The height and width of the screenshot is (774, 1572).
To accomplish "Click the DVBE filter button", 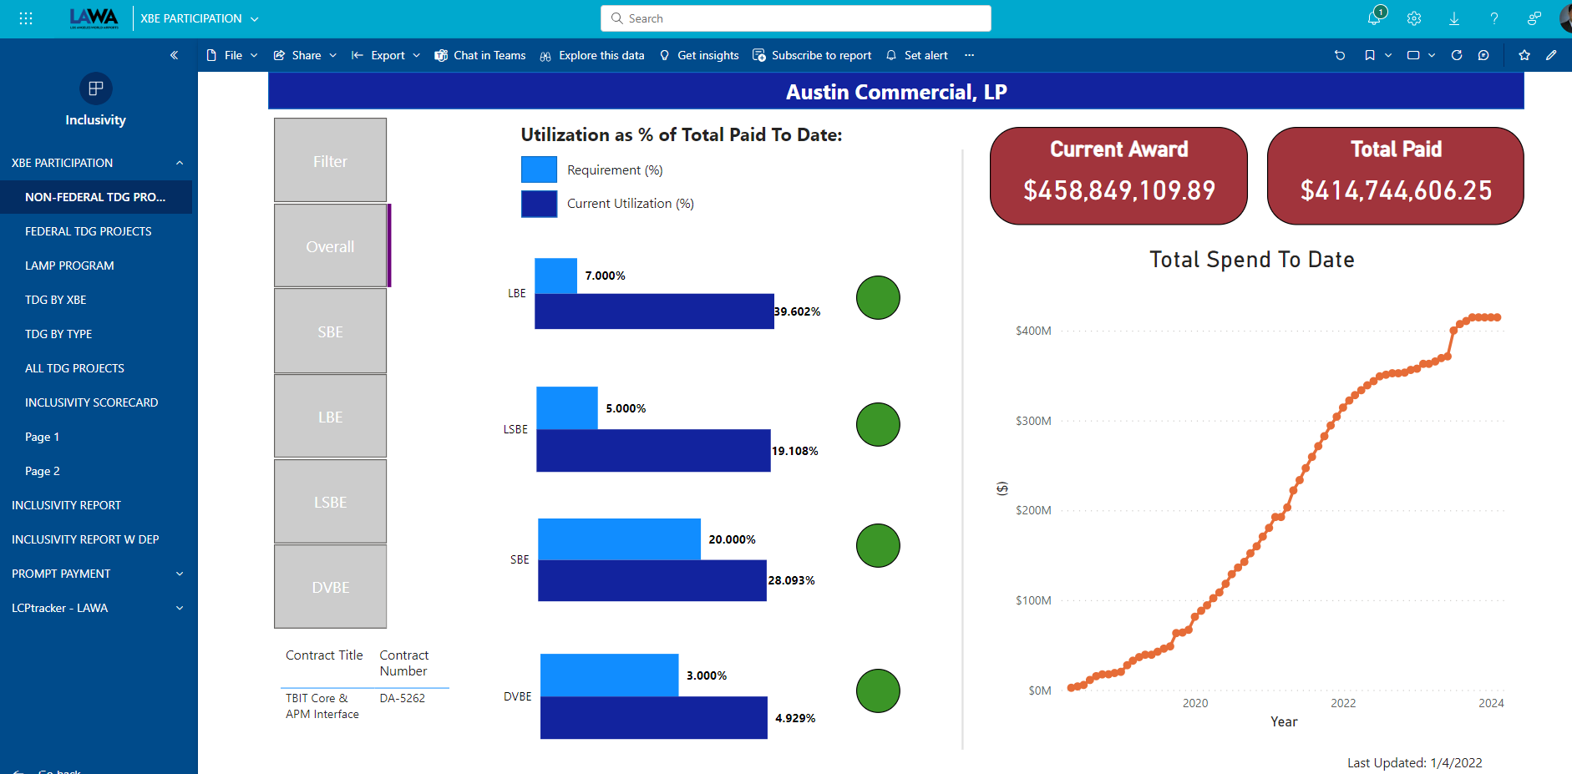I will click(330, 587).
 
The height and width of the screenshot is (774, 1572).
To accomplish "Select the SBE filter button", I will click(330, 331).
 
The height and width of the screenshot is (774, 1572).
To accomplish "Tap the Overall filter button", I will click(330, 246).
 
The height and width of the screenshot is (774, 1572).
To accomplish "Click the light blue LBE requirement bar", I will click(555, 276).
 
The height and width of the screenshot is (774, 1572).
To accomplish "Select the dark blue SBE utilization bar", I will click(652, 581).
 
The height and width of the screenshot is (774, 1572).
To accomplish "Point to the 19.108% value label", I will click(794, 451).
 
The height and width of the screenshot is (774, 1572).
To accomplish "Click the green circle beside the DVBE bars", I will click(878, 691).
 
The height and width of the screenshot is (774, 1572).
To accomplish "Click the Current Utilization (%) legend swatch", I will click(539, 204).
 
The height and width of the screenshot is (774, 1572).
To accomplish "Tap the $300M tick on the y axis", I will click(1033, 421).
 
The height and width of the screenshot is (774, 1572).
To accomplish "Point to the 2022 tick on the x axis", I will click(1343, 703).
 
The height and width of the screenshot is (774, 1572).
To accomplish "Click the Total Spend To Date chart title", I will click(1251, 260).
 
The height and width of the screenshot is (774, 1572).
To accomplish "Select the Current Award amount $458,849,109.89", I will click(1119, 190).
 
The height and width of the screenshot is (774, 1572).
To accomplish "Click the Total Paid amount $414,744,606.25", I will click(1396, 190).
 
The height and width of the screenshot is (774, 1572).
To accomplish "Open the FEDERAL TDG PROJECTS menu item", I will click(89, 231).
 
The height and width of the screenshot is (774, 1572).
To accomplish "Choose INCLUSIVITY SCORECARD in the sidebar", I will click(92, 402).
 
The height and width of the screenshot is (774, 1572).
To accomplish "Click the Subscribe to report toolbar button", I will click(812, 55).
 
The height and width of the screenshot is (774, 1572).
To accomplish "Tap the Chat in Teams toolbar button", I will click(480, 55).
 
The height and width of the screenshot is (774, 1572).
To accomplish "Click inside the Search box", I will click(802, 18).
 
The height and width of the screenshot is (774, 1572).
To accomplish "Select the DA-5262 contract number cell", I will click(402, 698).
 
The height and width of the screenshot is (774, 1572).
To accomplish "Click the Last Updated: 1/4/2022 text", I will click(1414, 762).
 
